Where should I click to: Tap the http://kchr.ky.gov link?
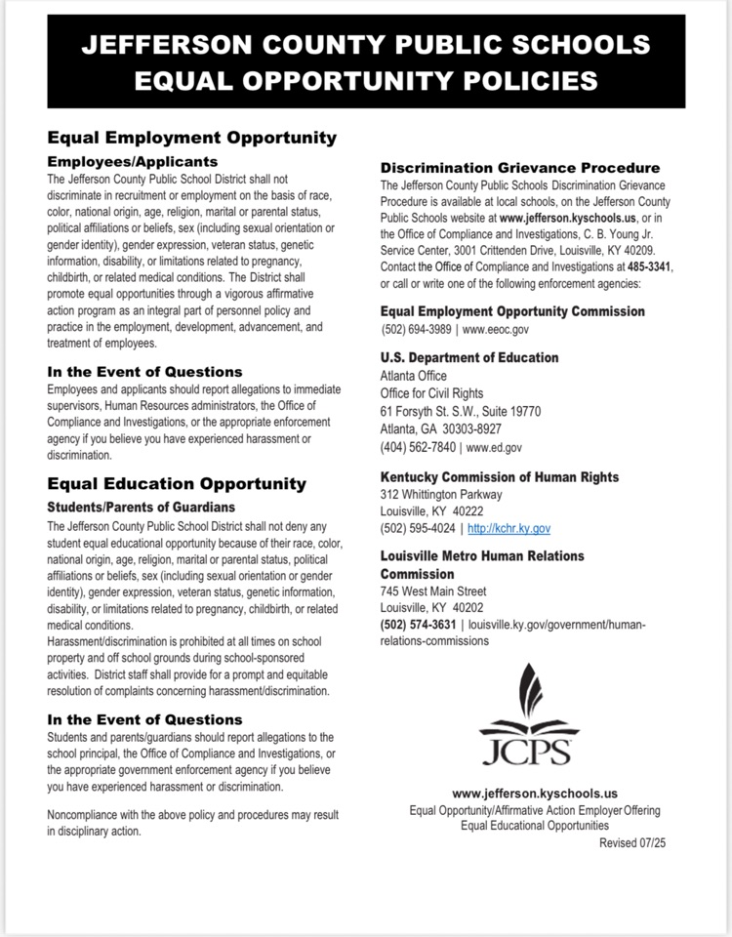[x=509, y=528]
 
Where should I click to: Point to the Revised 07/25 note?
[x=632, y=841]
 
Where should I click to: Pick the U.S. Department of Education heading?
[x=469, y=358]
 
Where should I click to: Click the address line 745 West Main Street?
[x=432, y=591]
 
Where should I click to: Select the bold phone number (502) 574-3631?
[x=418, y=625]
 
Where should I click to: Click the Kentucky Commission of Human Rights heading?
[x=499, y=476]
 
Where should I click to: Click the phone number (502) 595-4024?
[x=418, y=528]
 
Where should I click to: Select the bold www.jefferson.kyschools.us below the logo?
[x=535, y=794]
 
